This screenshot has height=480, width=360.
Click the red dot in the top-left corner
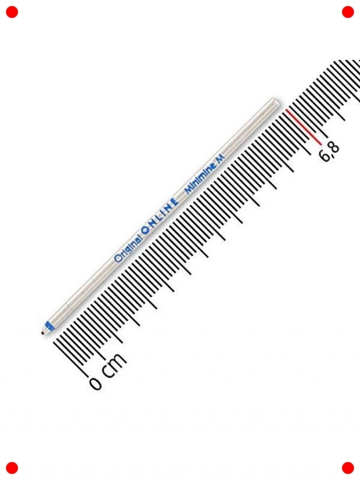(x=12, y=12)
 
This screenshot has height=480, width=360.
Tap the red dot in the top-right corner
(x=348, y=12)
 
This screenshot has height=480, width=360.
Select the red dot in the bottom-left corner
(x=12, y=468)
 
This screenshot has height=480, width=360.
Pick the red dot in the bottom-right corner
(x=348, y=468)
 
